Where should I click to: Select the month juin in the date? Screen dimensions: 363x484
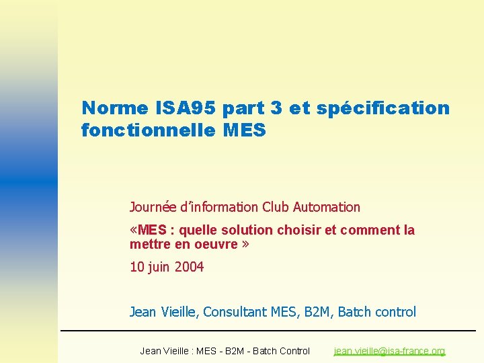[x=159, y=268]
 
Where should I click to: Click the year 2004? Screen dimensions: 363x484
[x=189, y=267]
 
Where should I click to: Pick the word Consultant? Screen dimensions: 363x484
[x=235, y=312]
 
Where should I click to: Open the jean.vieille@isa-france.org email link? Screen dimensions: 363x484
[x=389, y=351]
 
